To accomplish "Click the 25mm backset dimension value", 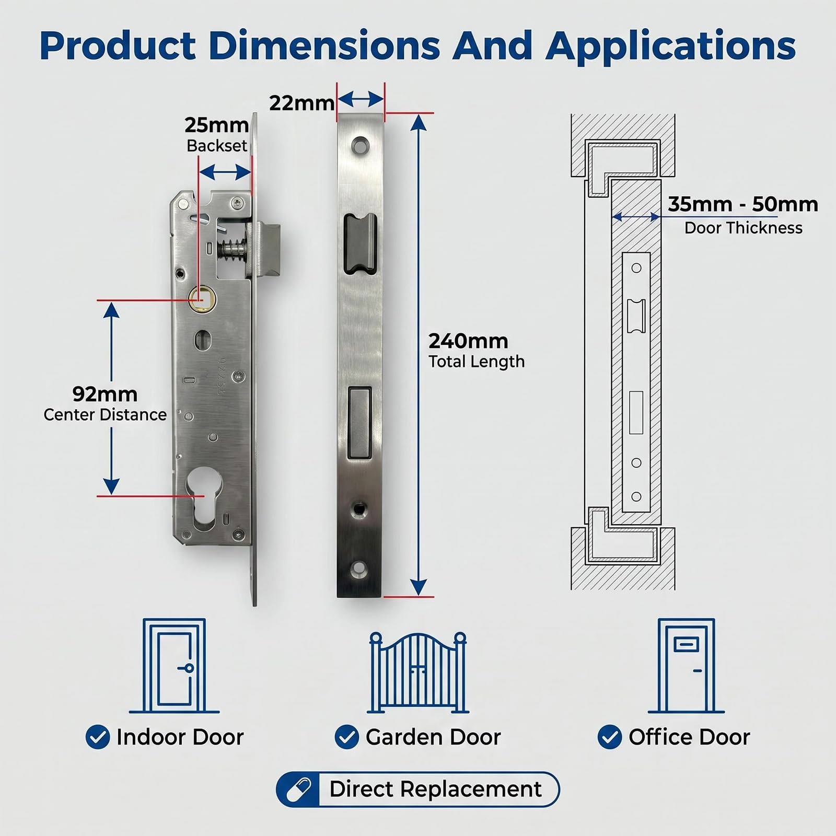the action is tap(216, 125).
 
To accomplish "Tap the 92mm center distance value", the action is tap(105, 393).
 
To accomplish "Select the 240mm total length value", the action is tap(468, 341).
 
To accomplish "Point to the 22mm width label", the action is tap(301, 103).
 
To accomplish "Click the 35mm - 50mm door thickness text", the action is tap(743, 204).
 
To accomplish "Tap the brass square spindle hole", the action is tap(198, 297).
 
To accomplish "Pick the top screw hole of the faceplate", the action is tap(359, 145).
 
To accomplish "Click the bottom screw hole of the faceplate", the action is tap(359, 570).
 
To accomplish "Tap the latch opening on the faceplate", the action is tap(360, 243).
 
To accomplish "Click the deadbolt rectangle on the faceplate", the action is tap(359, 423).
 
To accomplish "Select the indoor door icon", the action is tap(174, 665).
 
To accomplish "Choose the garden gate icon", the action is tap(418, 673).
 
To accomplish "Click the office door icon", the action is tap(686, 666).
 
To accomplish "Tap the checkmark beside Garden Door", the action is tap(347, 737).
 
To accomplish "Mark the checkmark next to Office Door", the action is tap(610, 737).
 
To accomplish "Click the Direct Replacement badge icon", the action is tap(298, 789).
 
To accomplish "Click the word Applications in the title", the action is tap(670, 47).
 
